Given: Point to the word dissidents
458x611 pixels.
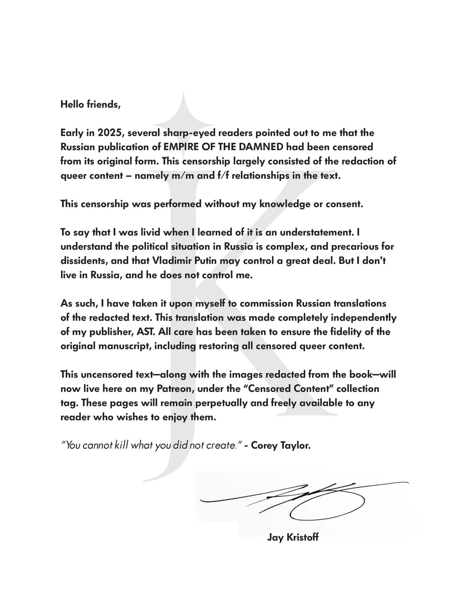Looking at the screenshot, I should (81, 261).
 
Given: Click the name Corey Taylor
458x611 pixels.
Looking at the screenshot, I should (281, 445).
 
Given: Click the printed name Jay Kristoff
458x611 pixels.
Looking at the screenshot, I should (293, 538).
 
